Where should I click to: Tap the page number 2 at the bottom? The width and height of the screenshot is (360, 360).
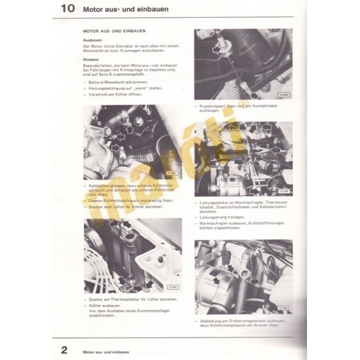(65, 348)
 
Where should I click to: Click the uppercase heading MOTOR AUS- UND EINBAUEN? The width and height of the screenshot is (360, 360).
(113, 31)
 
